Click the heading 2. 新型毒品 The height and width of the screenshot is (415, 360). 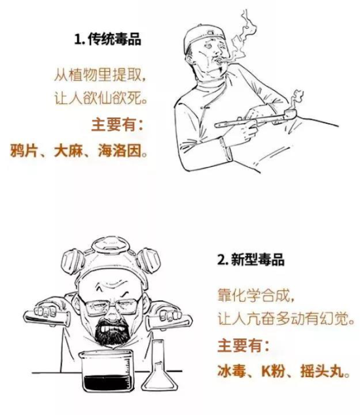click(252, 259)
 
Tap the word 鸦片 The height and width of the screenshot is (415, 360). click(28, 149)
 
